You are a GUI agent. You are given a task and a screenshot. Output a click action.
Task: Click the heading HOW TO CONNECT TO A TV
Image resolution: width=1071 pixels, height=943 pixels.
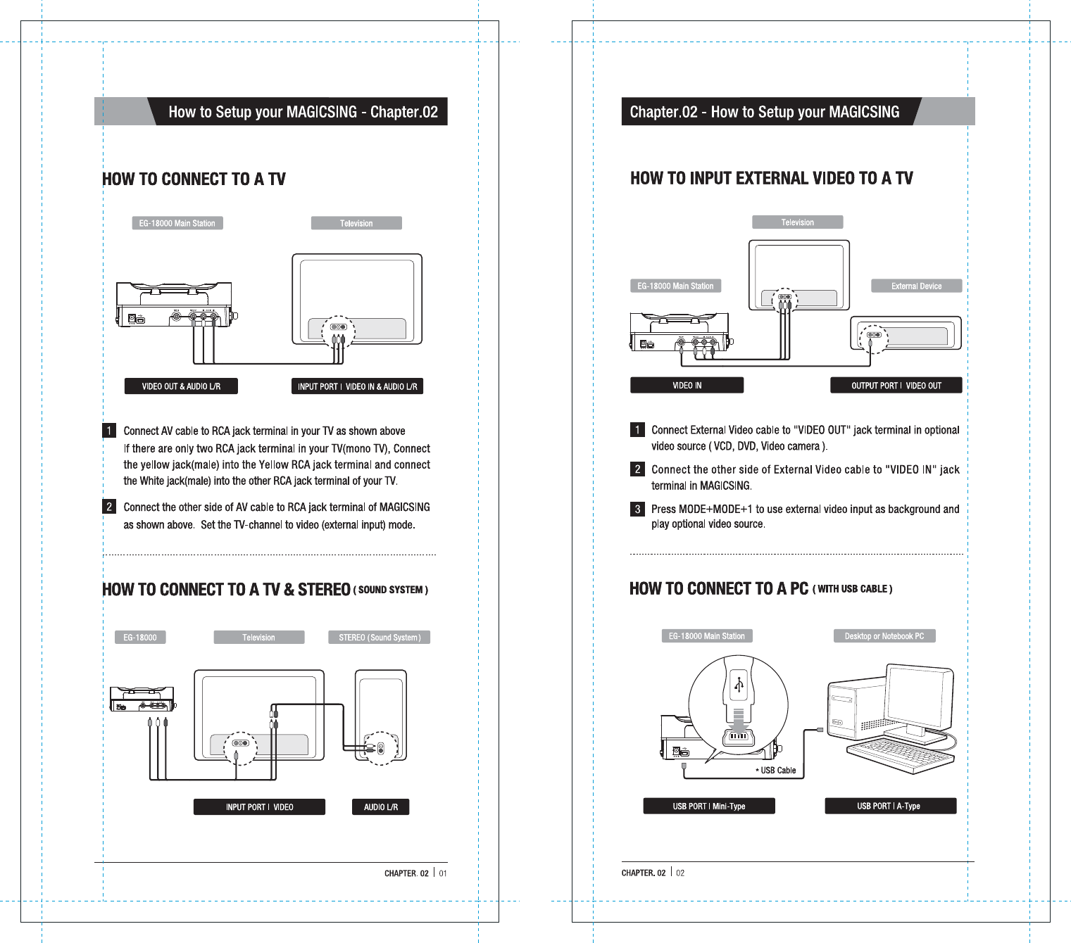(x=194, y=179)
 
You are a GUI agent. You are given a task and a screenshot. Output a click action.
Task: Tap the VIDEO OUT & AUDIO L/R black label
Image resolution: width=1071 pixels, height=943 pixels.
(x=181, y=386)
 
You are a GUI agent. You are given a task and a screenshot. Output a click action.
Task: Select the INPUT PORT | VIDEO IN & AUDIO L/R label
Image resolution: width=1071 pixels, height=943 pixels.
(x=357, y=386)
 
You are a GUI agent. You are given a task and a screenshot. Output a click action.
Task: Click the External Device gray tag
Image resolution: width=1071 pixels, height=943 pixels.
(x=916, y=286)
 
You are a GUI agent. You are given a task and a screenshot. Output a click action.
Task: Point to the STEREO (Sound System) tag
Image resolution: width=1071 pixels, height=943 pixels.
(x=380, y=638)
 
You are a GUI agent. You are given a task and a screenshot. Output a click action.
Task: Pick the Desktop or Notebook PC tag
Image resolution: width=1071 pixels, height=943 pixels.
(x=884, y=636)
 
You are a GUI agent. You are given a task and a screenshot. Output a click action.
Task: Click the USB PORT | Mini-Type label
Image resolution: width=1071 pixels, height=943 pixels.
(x=708, y=806)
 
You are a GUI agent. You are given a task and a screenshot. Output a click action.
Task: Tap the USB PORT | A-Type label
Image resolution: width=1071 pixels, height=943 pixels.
(x=889, y=806)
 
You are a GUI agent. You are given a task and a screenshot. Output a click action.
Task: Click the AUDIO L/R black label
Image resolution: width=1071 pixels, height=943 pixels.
(x=380, y=807)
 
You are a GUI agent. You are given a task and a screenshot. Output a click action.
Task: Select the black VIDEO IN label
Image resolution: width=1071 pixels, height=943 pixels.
(x=687, y=386)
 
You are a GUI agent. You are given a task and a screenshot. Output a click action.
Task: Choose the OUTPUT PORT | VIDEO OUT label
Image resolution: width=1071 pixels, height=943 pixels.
(x=896, y=386)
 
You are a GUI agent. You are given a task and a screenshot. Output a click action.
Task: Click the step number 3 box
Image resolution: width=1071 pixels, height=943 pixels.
(x=637, y=509)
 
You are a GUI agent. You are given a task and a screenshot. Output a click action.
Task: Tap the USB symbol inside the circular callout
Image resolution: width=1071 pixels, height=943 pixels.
(x=739, y=685)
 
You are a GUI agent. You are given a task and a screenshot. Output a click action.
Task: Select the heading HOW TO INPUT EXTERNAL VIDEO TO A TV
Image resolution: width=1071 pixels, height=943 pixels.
(x=771, y=179)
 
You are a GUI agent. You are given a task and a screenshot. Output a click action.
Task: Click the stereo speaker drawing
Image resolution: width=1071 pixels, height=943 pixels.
(x=381, y=714)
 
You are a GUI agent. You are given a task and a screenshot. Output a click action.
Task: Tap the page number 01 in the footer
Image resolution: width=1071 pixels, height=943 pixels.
(x=443, y=873)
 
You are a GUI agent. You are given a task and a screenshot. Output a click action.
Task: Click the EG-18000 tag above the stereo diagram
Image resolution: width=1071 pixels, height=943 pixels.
(x=140, y=638)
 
